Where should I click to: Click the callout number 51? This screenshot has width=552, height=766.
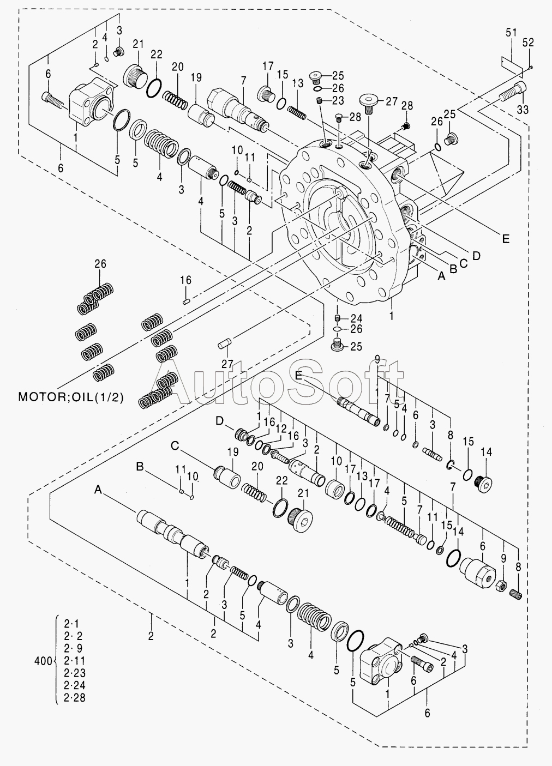point(511,33)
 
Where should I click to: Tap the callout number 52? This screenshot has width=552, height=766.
point(529,43)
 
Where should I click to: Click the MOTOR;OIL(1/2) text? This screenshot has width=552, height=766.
point(71,397)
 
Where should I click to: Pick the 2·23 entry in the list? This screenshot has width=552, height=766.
point(75,673)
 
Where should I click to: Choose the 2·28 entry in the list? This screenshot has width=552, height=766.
point(75,698)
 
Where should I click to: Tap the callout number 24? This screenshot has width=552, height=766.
point(356,318)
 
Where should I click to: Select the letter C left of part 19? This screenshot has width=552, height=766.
point(175,446)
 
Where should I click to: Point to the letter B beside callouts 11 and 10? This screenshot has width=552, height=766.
point(140,467)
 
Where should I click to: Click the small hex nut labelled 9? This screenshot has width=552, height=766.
point(501,587)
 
